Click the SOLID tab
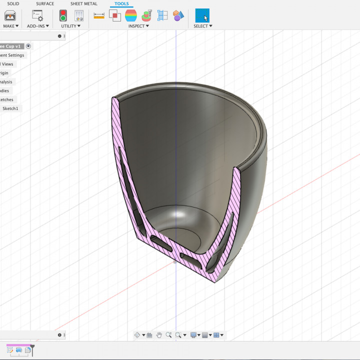13,3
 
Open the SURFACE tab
45,3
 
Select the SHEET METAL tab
84,3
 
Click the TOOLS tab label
121,3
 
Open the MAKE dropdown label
10,26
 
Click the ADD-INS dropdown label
37,26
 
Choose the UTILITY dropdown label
70,26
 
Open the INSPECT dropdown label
138,26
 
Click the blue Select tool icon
202,15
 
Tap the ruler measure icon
99,15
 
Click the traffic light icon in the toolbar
63,15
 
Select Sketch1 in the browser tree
10,108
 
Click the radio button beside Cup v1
28,46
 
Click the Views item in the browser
7,64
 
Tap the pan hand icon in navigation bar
159,335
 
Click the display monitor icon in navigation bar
193,335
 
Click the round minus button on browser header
59,36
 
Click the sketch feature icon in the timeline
9,350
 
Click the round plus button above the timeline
59,335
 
